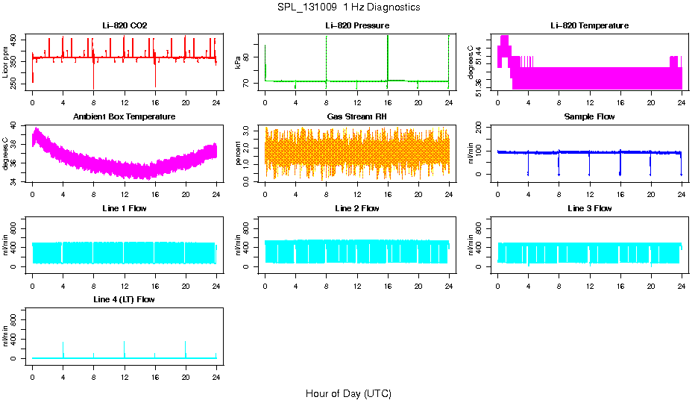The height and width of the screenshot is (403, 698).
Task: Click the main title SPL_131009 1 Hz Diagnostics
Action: [348, 7]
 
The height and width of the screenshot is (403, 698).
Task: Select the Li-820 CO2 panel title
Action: [125, 26]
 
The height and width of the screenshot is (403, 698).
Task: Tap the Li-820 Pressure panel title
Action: [356, 26]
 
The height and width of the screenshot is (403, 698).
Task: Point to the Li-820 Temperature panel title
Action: [589, 26]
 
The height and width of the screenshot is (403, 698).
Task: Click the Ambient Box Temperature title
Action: [125, 117]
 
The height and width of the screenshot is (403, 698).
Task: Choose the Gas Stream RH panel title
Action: [356, 117]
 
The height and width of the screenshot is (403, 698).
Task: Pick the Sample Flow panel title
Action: [589, 117]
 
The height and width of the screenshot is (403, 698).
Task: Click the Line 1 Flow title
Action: [125, 208]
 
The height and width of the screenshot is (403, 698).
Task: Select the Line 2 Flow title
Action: [356, 208]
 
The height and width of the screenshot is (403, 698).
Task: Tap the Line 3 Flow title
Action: [589, 208]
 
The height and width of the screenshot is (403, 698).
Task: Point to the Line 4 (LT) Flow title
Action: [125, 299]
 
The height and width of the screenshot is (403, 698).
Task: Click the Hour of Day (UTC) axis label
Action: [348, 393]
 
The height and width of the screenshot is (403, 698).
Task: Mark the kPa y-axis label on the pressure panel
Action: [238, 63]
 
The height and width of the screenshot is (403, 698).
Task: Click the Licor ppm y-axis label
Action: [6, 63]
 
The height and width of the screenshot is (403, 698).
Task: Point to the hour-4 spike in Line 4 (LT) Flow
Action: [63, 349]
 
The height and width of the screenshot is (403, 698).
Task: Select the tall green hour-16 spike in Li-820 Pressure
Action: [388, 56]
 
